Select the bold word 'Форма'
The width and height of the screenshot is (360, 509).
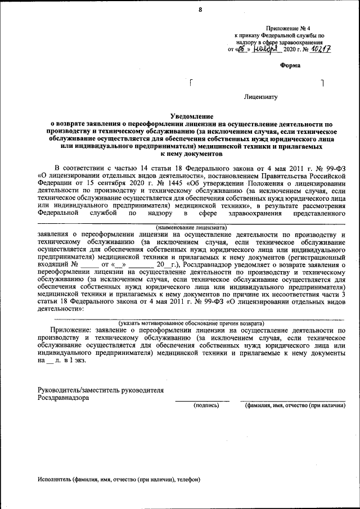(290, 65)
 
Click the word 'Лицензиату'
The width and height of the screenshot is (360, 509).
(261, 97)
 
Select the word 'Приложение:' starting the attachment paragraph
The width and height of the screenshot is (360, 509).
(71, 331)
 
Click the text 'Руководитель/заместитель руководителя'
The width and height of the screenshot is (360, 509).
(101, 389)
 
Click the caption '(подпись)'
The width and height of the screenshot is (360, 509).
(206, 404)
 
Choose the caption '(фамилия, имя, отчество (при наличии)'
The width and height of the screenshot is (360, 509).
(294, 404)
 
